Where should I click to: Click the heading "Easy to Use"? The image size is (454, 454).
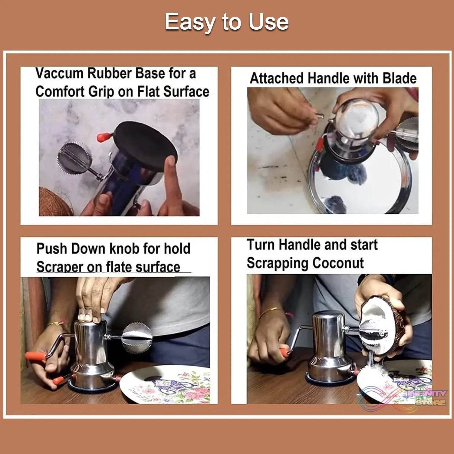point(226,22)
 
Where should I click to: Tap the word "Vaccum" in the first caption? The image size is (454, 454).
point(59,74)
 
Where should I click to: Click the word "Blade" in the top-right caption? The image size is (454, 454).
point(399,78)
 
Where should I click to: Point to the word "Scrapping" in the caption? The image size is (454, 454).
point(277,263)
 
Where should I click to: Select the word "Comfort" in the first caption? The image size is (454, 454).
point(59,92)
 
